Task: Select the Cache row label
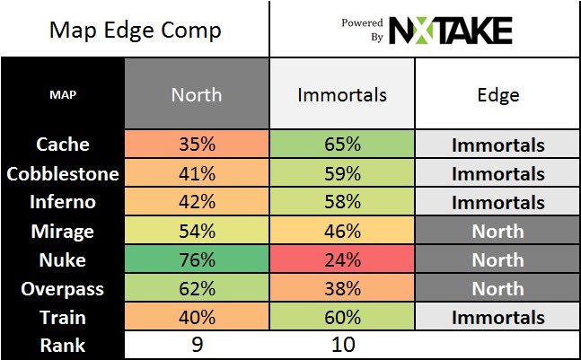63,145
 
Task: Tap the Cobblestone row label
63,173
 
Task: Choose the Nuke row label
63,259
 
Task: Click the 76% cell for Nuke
197,259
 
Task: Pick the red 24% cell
342,259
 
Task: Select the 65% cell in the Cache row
342,145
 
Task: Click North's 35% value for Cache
197,145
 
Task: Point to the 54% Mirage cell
197,231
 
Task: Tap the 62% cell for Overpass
197,288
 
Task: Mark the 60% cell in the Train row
342,317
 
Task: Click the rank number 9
197,344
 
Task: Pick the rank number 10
342,344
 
